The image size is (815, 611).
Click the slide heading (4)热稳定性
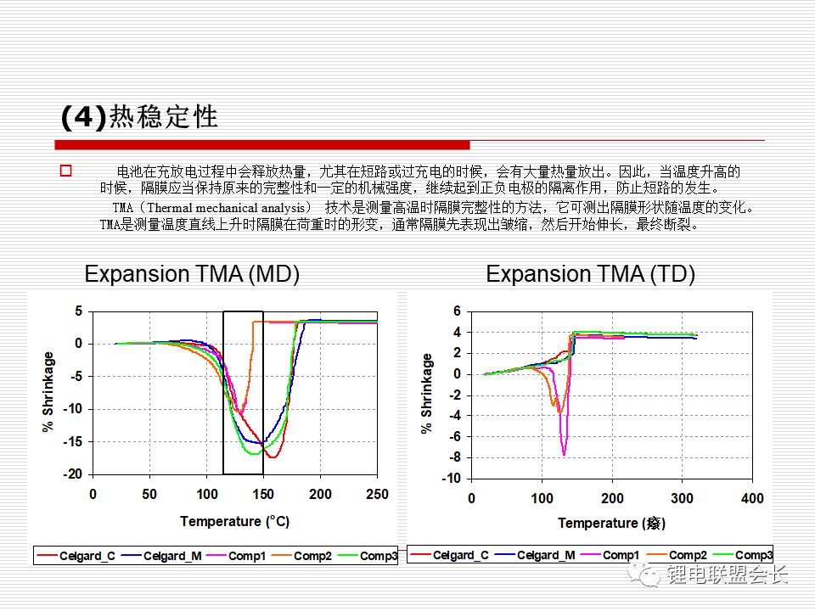coord(139,116)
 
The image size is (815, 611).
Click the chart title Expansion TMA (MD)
coord(192,274)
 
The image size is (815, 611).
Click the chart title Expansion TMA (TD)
coord(590,274)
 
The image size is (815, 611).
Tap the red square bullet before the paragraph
coord(65,171)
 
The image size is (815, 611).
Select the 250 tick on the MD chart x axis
coord(376,495)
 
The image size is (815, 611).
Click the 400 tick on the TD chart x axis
coord(751,498)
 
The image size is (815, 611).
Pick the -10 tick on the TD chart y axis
coord(450,479)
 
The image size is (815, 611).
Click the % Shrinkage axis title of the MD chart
coord(48,392)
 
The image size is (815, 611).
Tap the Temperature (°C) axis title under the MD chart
coord(234,521)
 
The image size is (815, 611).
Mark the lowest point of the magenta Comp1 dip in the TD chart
coord(564,455)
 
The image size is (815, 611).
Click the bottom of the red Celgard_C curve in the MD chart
coord(272,457)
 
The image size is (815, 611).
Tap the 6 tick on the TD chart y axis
coord(456,311)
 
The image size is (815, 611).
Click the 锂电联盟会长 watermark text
coord(728,575)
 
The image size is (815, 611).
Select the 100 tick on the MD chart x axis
coord(206,495)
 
